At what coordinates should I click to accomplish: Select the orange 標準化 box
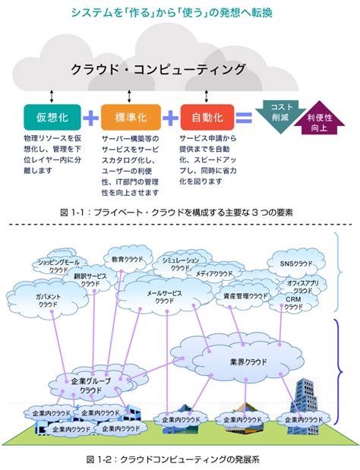click(130, 118)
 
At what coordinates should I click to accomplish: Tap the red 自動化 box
click(207, 118)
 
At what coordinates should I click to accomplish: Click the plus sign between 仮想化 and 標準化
click(91, 118)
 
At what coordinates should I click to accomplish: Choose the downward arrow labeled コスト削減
click(277, 113)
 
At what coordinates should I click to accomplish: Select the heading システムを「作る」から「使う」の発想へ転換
click(179, 14)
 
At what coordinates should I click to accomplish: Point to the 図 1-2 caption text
click(179, 460)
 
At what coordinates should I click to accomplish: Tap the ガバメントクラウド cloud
click(37, 299)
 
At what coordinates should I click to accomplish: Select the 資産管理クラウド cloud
click(245, 295)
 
